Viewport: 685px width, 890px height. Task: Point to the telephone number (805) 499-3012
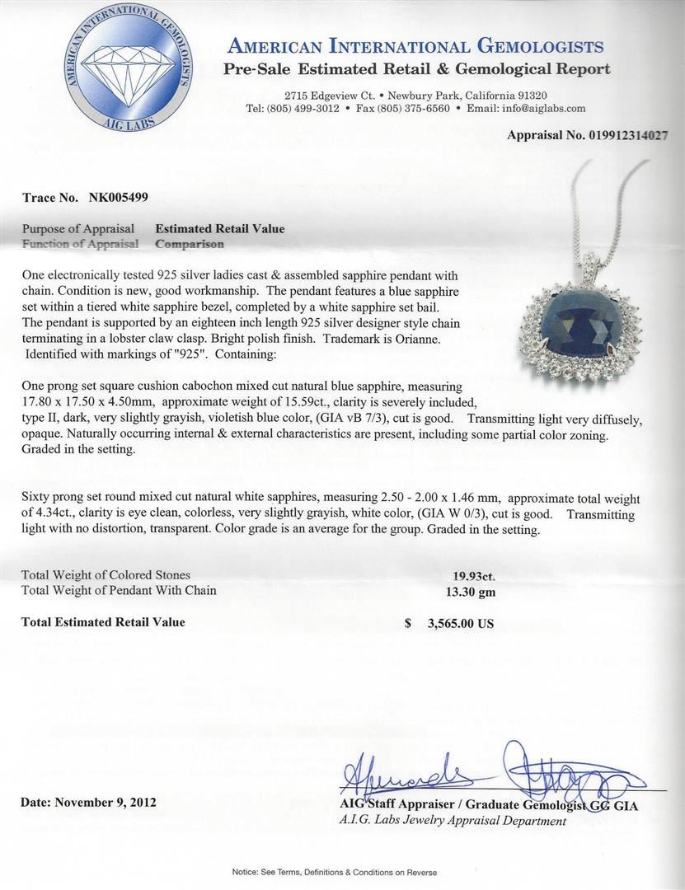[x=317, y=108]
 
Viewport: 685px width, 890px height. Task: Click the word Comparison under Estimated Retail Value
[x=189, y=244]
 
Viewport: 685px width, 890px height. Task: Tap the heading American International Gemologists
[x=415, y=46]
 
